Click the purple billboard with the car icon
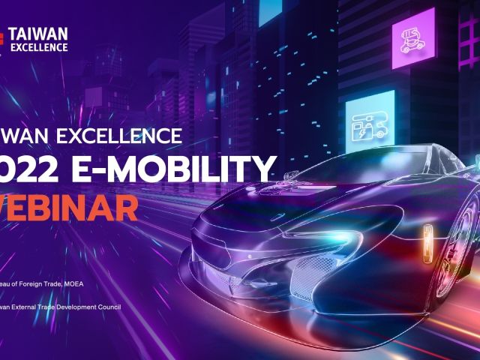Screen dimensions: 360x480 [412, 40]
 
